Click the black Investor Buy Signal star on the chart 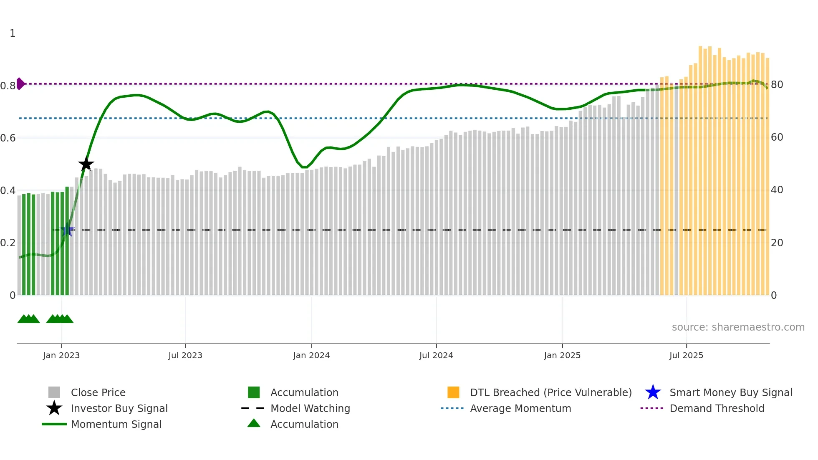[86, 164]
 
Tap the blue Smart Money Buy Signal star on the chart [67, 230]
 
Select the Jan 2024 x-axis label [311, 355]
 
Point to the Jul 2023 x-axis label [185, 355]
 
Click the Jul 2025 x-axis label [686, 355]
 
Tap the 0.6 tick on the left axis [8, 138]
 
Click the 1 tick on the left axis [13, 33]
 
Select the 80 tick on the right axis [777, 85]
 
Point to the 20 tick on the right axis [777, 243]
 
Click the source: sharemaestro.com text [738, 327]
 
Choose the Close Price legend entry [98, 392]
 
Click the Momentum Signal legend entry [116, 424]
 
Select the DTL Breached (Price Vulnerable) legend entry [550, 392]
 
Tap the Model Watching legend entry [310, 408]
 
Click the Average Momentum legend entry [520, 408]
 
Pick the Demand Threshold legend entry [717, 408]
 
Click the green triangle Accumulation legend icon [254, 423]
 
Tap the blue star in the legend [653, 392]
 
